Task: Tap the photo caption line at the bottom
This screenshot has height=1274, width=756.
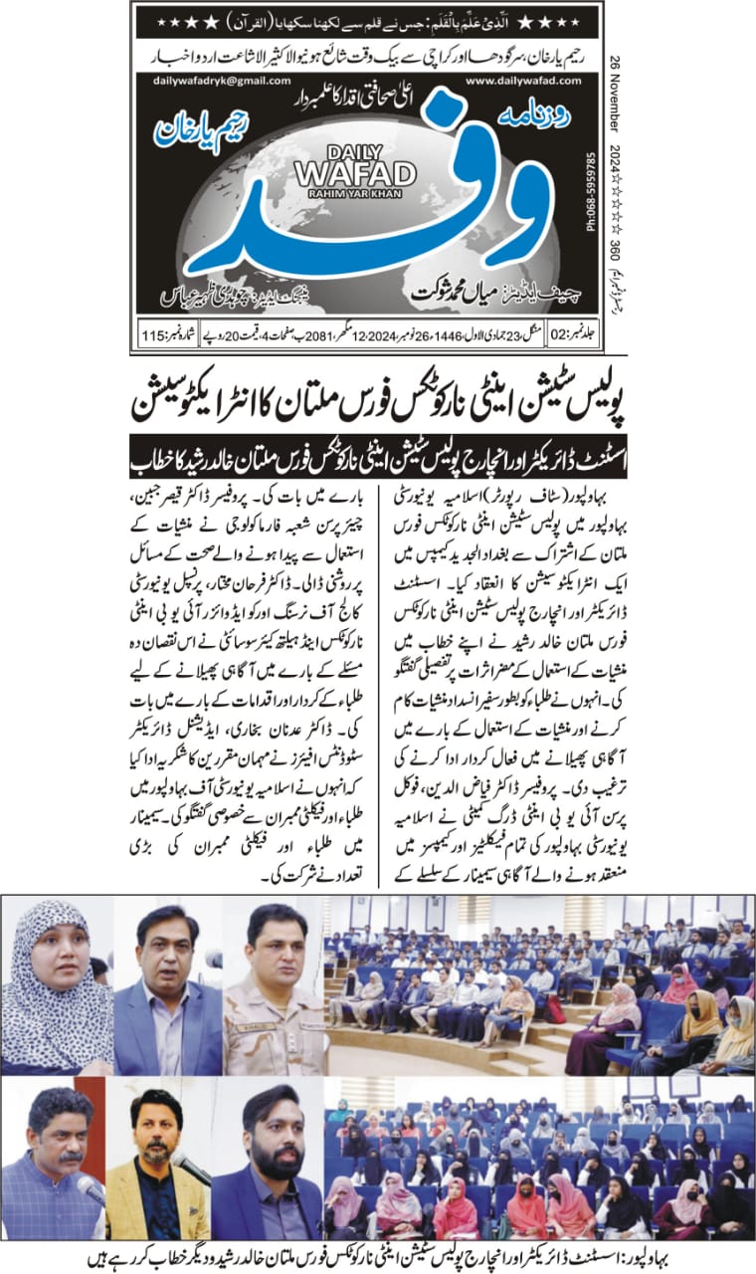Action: [377, 1257]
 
